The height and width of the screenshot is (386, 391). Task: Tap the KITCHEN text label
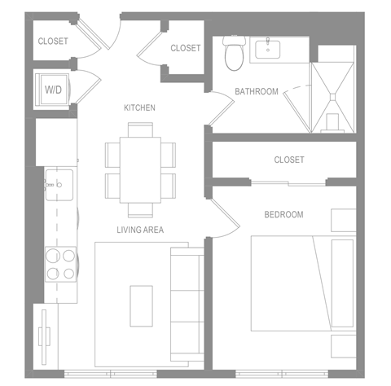138,107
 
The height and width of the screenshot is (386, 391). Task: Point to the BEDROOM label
283,214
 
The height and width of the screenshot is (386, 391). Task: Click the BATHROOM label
257,91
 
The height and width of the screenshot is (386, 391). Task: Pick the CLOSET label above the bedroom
289,160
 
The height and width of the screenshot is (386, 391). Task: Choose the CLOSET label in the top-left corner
53,41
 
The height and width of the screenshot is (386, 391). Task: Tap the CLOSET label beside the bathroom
185,48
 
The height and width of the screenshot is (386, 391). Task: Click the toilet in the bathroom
234,55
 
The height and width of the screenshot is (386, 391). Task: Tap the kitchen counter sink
56,185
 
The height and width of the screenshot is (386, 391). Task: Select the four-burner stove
59,263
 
